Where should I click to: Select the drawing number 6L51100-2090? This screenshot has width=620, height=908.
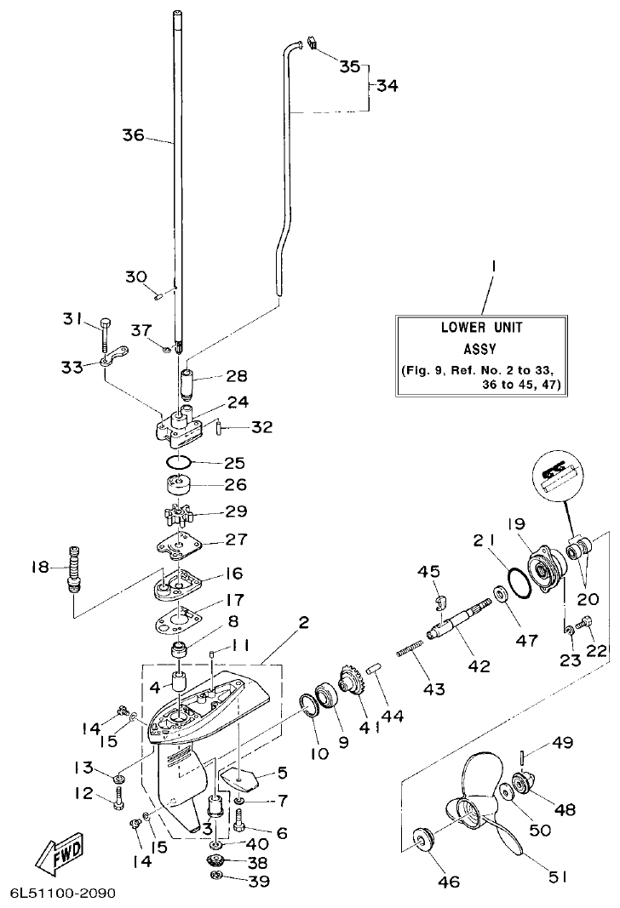tap(62, 894)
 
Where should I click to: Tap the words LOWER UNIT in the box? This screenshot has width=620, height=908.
tap(481, 327)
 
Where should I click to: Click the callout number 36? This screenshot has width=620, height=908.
tap(135, 134)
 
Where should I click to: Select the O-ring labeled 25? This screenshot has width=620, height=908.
tap(176, 462)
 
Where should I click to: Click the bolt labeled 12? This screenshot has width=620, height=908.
tap(118, 798)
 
